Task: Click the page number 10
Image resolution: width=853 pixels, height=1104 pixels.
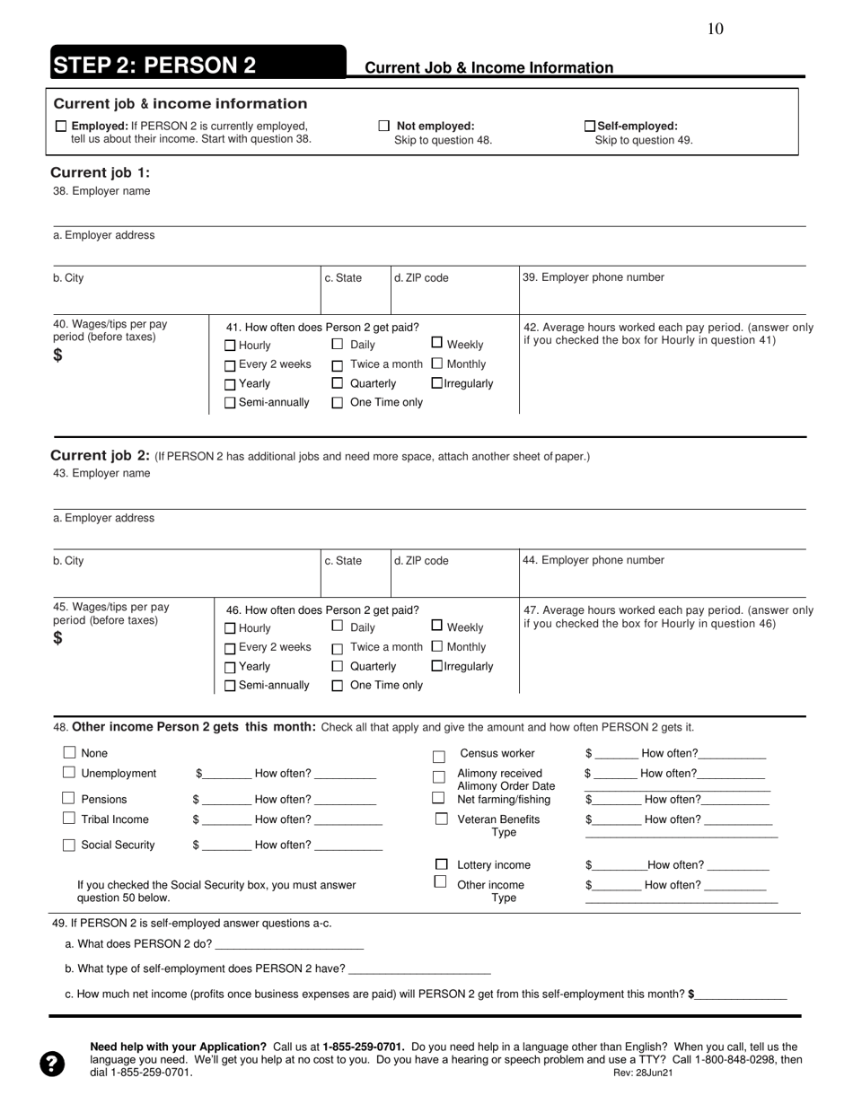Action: [x=715, y=29]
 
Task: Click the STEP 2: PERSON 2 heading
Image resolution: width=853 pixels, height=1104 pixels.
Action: [x=154, y=65]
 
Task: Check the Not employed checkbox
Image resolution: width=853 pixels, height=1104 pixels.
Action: [x=384, y=127]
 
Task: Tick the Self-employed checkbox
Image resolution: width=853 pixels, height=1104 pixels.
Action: [x=590, y=127]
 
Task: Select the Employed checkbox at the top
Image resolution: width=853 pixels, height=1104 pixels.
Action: [x=61, y=127]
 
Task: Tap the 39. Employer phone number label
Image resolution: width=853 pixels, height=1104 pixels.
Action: [x=594, y=277]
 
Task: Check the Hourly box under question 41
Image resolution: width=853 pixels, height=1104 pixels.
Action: [x=230, y=346]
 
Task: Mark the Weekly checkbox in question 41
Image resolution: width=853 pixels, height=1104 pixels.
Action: [x=437, y=342]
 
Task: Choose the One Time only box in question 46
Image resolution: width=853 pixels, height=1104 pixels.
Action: [x=338, y=686]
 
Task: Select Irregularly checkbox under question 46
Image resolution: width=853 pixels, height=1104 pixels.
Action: [x=437, y=666]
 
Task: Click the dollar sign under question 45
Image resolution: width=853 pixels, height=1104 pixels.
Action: [x=58, y=638]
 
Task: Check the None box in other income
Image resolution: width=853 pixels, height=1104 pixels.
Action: [x=69, y=753]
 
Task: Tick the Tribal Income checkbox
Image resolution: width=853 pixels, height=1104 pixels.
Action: [x=69, y=819]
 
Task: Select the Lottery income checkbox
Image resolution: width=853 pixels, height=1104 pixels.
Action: [x=441, y=864]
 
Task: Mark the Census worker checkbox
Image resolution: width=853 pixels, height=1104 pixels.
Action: [x=439, y=757]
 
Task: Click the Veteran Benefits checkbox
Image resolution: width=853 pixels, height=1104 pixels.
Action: [x=441, y=819]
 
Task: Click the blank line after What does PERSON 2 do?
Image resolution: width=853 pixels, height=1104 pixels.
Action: [x=289, y=944]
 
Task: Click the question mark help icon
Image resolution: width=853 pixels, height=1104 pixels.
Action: [x=52, y=1064]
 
